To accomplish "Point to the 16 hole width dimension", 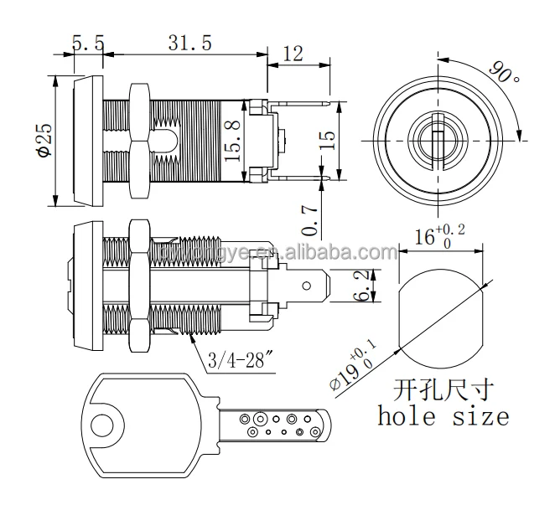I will (x=435, y=237).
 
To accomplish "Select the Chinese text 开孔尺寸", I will (x=443, y=389).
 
